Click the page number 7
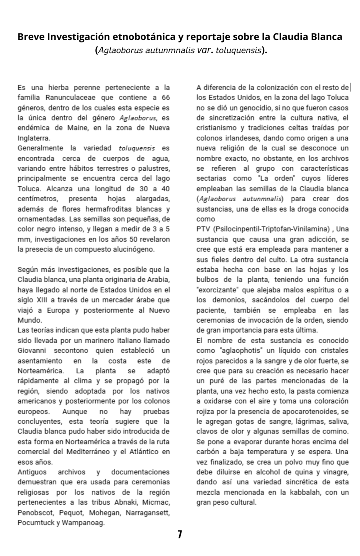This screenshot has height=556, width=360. [180, 534]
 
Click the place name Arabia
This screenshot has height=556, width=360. [158, 280]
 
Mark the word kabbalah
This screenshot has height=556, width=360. [303, 492]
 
